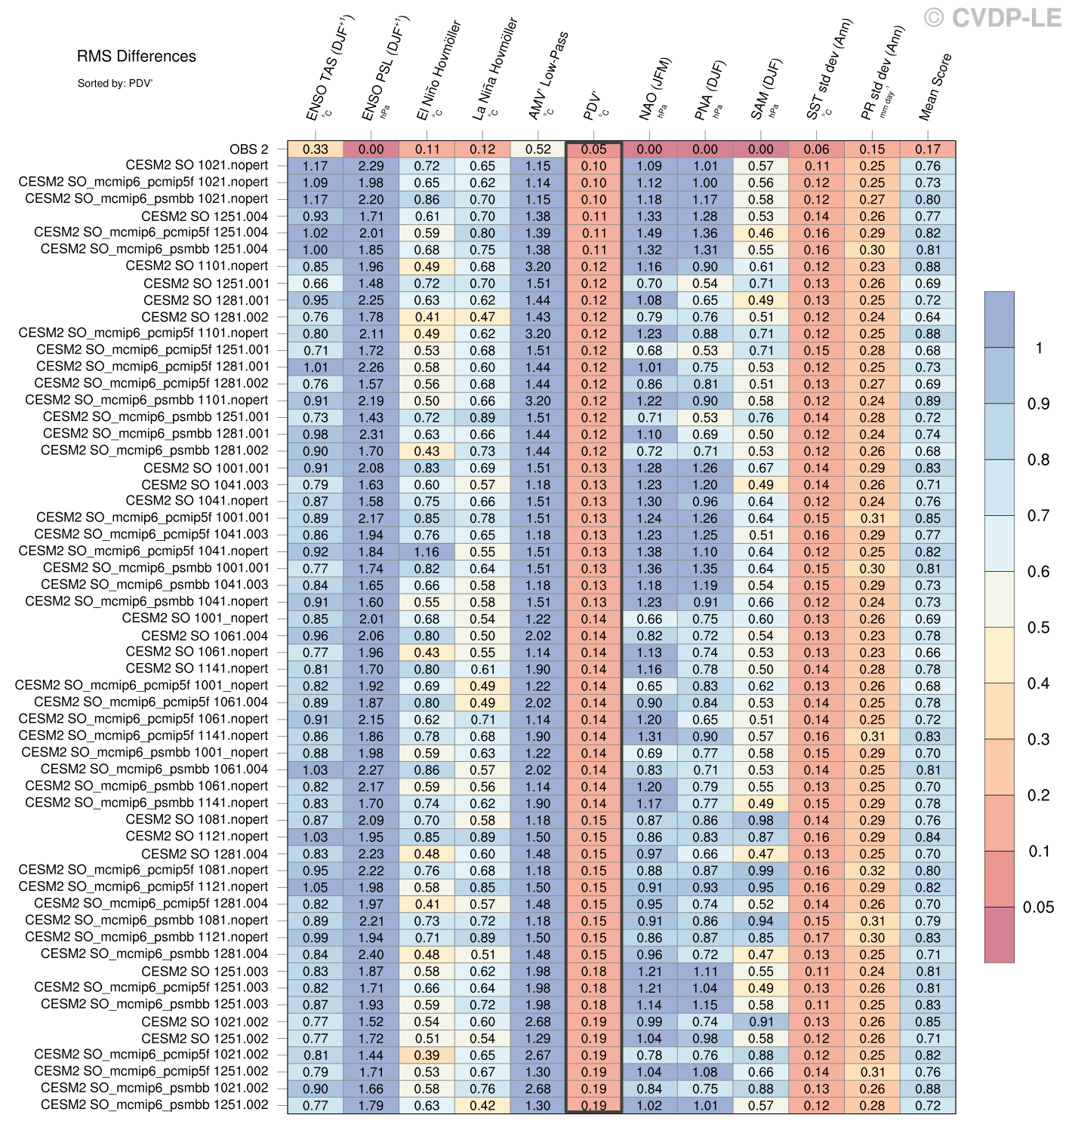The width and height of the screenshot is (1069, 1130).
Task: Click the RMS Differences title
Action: coord(137,57)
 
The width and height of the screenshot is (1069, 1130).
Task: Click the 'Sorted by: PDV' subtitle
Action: coord(115,84)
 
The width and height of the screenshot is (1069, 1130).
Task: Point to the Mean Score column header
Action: coord(935,88)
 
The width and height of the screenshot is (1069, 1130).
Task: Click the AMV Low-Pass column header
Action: coord(548,76)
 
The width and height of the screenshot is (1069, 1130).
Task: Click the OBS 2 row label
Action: coord(248,149)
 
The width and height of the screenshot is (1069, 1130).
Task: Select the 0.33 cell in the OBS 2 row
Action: coord(316,149)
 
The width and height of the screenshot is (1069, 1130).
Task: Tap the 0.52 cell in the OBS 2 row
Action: coord(538,149)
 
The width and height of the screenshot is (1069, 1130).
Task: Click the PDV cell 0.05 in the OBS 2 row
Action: coord(594,149)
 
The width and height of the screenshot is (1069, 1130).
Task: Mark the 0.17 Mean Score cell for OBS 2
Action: coord(928,149)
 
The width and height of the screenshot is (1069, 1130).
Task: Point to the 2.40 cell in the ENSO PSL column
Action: coord(371,954)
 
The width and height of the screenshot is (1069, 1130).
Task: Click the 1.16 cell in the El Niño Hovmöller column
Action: coord(427,551)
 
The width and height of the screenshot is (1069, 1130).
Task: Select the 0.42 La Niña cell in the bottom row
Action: coord(482,1105)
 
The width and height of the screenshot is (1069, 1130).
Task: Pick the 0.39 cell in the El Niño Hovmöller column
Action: coord(427,1055)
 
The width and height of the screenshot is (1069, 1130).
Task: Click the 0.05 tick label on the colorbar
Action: coord(1038,907)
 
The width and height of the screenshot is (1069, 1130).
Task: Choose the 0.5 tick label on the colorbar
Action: coord(1038,628)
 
